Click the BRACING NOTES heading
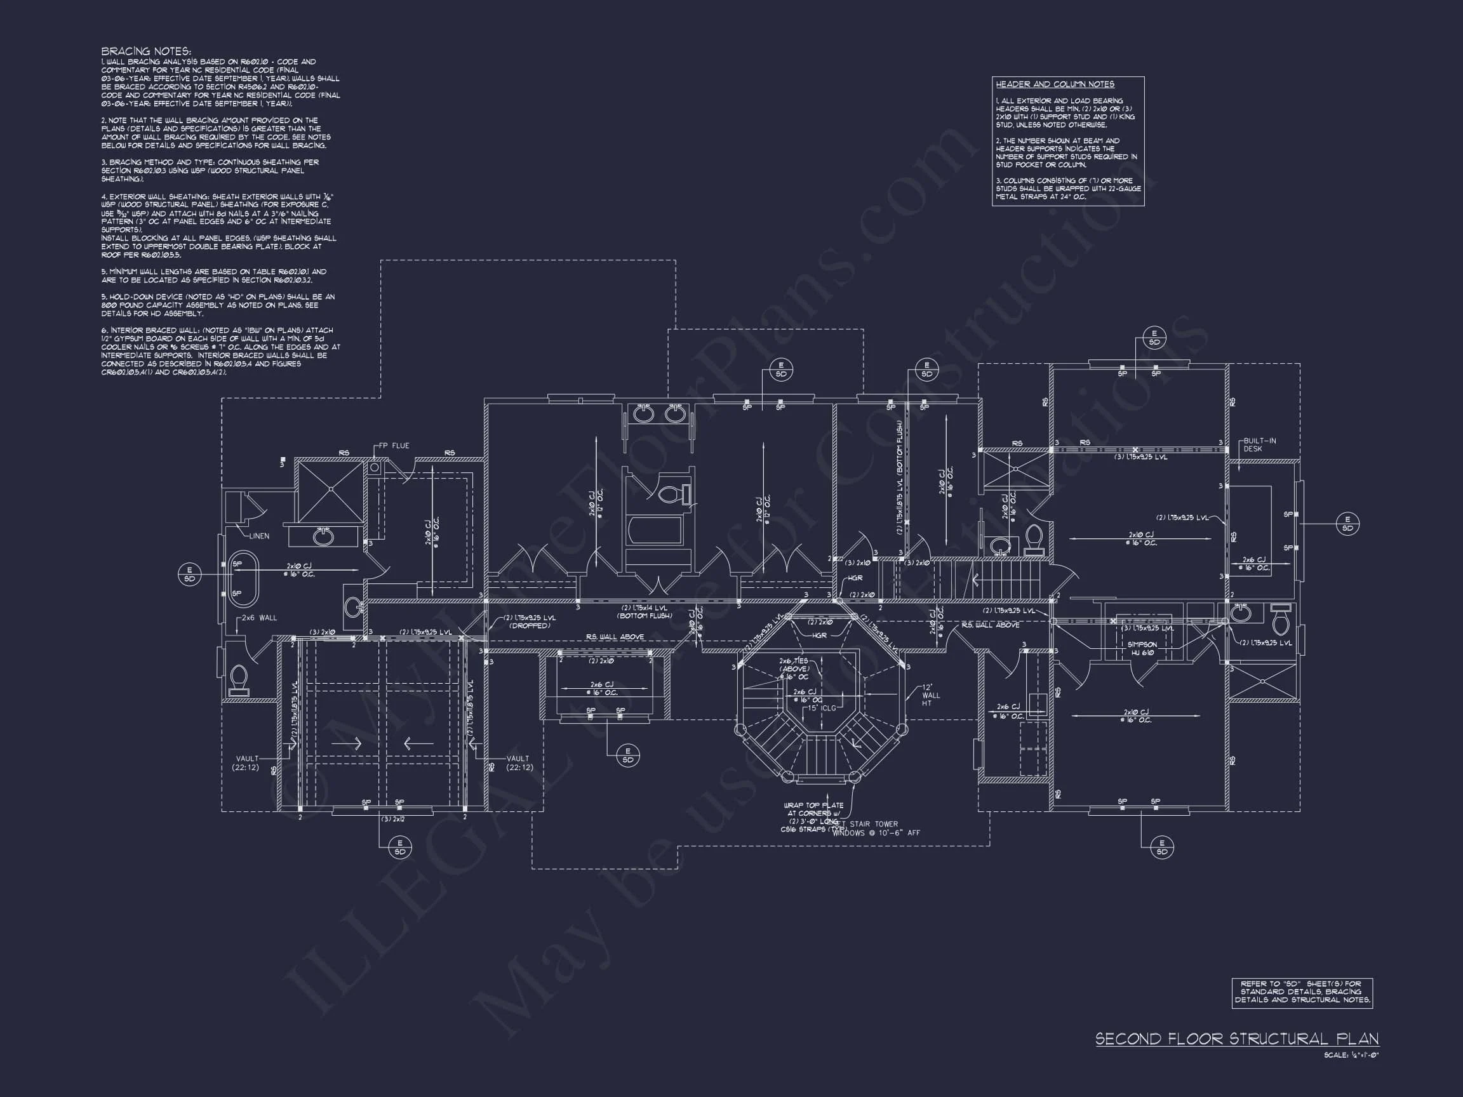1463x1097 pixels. (x=146, y=51)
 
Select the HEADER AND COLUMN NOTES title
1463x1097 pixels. (x=1055, y=84)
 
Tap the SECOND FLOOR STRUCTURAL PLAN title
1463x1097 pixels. (x=1237, y=1039)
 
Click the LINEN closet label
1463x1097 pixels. (x=259, y=536)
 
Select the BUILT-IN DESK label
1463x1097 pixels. (x=1259, y=445)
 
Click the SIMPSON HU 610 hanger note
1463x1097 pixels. (x=1142, y=649)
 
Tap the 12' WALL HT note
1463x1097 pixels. (x=931, y=695)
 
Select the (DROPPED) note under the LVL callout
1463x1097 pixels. (x=529, y=625)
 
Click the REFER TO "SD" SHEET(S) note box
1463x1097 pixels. (x=1302, y=992)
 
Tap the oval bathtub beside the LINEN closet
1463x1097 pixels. (x=243, y=578)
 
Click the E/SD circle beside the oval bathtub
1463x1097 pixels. (x=189, y=575)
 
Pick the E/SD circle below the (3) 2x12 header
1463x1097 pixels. (x=399, y=847)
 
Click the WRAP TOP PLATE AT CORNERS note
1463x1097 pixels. (x=813, y=817)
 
